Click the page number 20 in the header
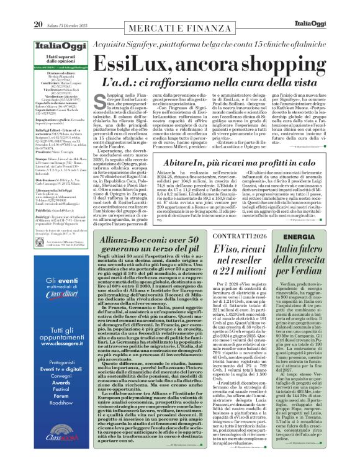[x=38, y=7]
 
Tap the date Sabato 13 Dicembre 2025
[x=73, y=7]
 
